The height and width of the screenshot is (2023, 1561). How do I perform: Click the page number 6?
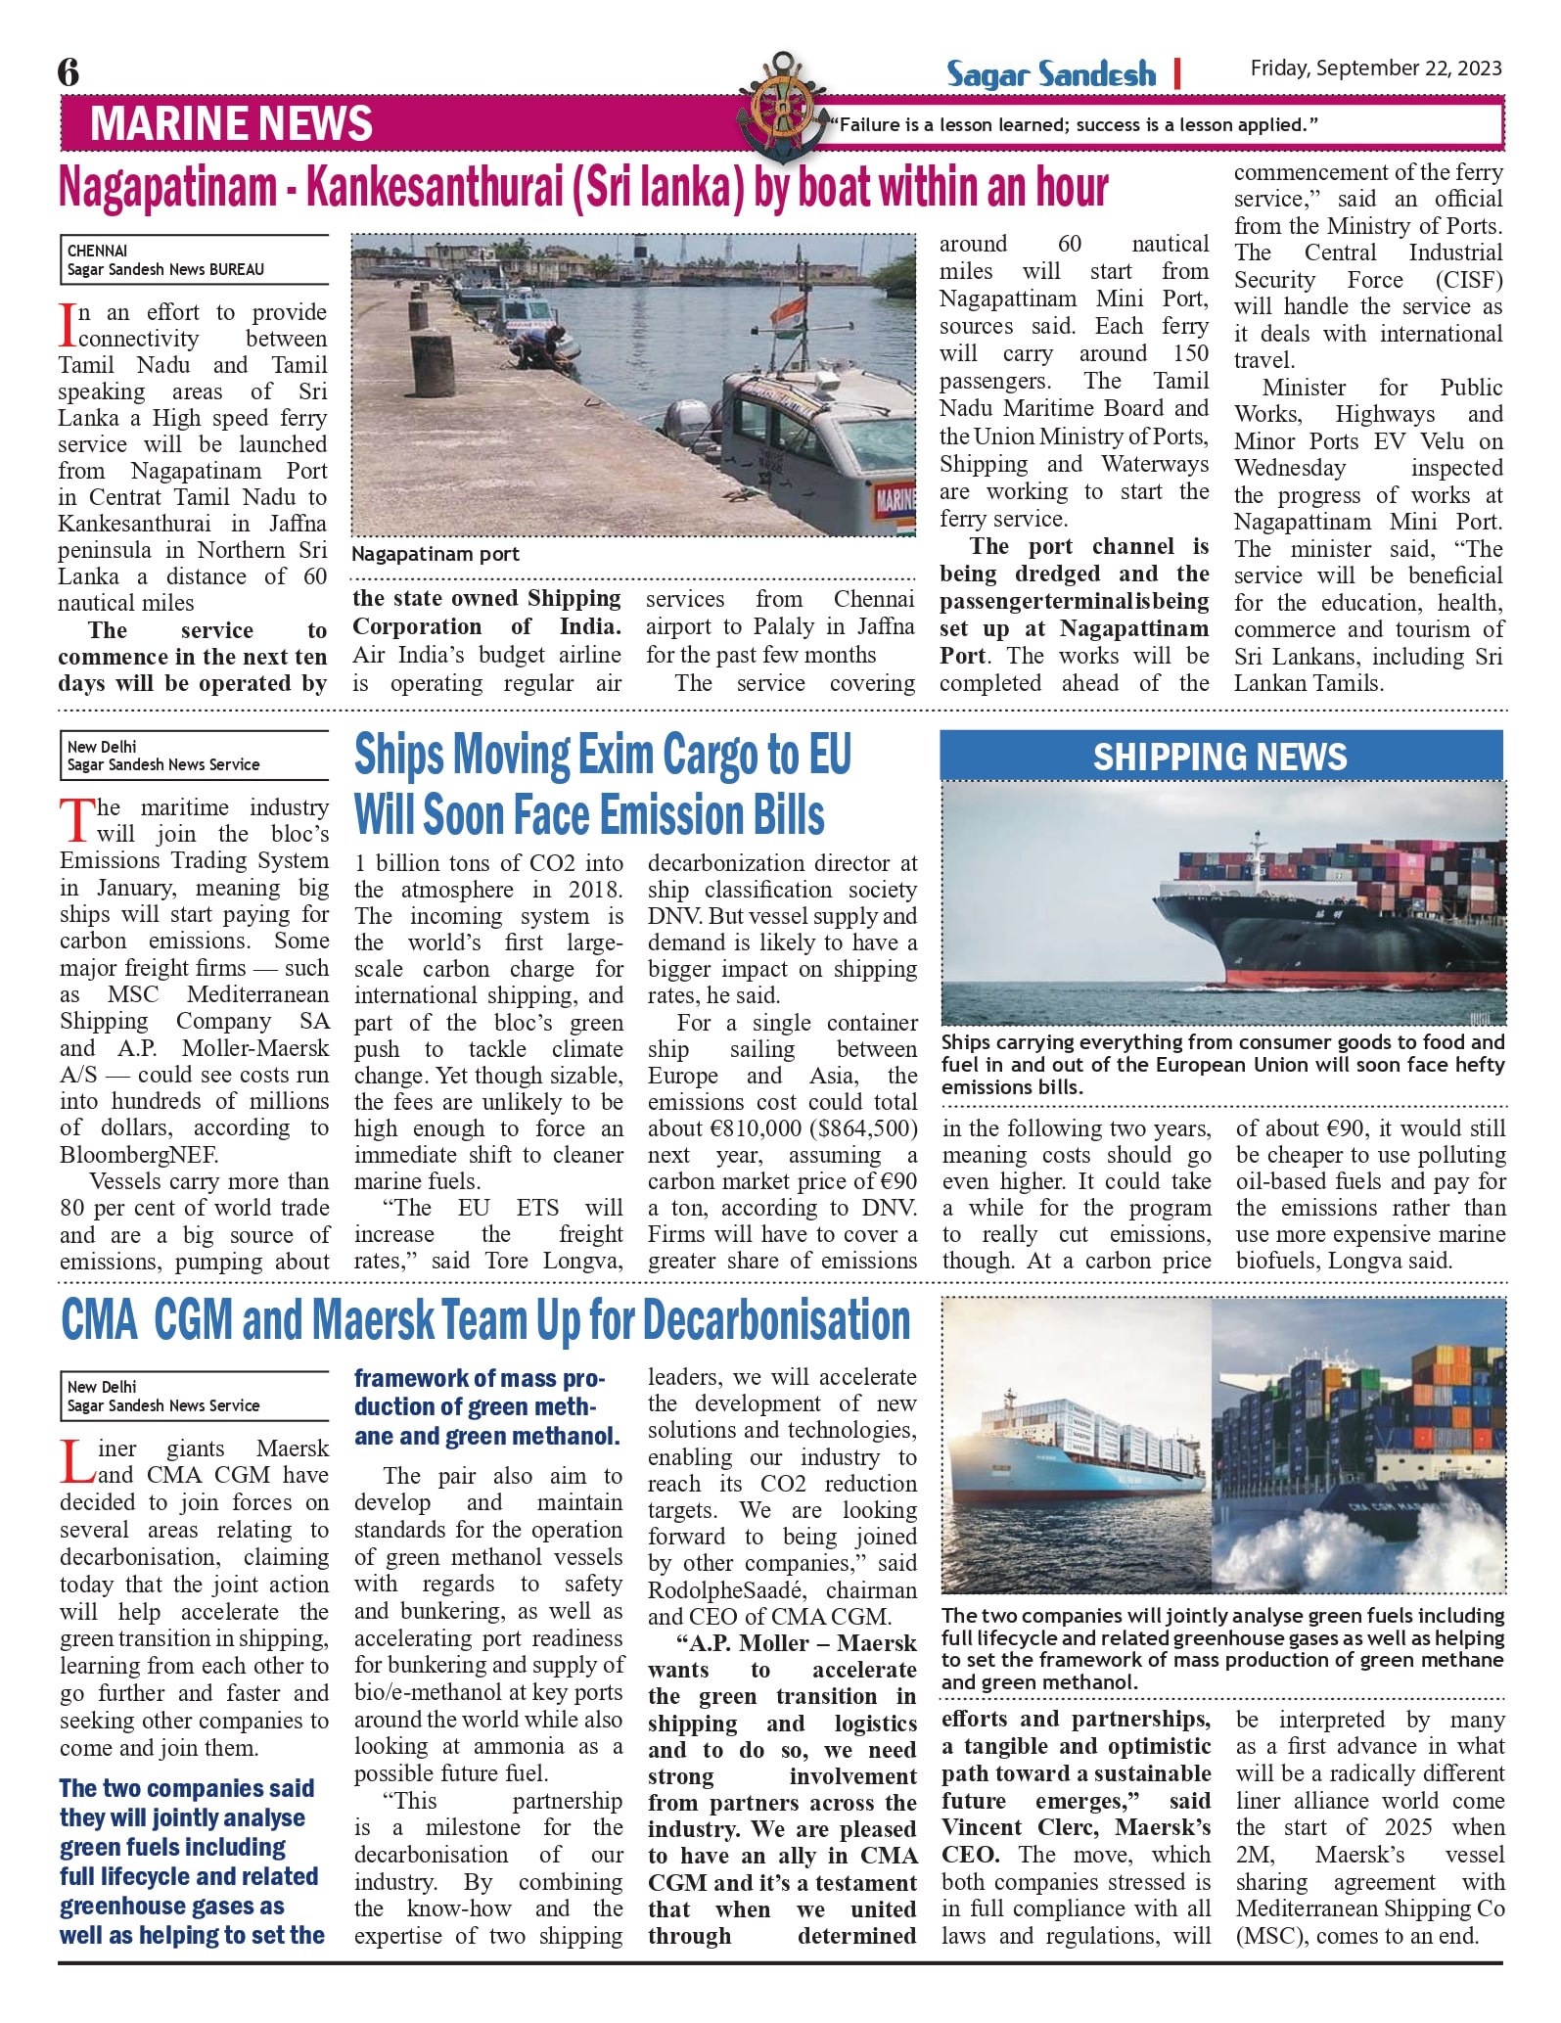click(x=69, y=71)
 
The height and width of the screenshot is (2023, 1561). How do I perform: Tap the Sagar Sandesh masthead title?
click(x=1050, y=74)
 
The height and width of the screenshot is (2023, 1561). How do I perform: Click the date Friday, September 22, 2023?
click(x=1375, y=69)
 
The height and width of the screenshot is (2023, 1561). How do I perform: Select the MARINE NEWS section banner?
click(x=231, y=123)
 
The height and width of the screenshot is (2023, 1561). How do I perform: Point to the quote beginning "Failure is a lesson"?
click(x=1074, y=125)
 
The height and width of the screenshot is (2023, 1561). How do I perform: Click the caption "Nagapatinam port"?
click(x=435, y=554)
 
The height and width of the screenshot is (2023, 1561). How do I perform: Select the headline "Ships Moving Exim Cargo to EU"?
click(x=602, y=755)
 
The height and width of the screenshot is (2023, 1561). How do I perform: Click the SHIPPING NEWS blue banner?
click(x=1219, y=757)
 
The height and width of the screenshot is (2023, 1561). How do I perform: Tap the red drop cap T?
click(x=75, y=820)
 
